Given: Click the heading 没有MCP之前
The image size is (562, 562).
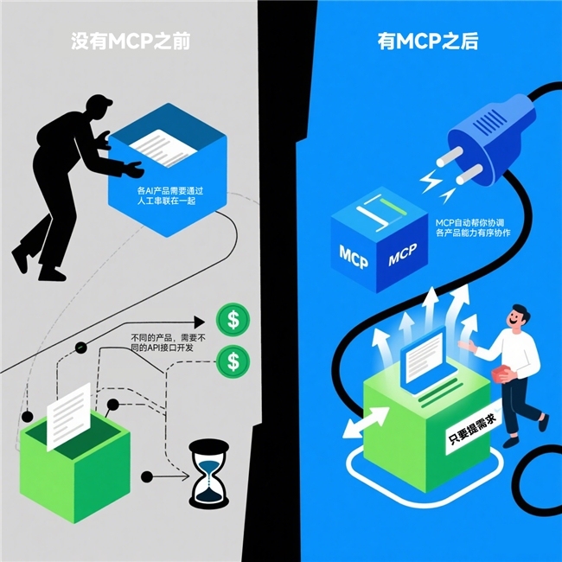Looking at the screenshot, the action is (x=131, y=42).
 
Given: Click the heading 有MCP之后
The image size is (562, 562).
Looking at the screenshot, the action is (x=428, y=42).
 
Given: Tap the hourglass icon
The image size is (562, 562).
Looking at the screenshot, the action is (x=208, y=474).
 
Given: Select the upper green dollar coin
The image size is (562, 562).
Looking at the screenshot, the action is (x=233, y=320).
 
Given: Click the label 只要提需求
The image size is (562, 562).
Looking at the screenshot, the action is (x=472, y=430).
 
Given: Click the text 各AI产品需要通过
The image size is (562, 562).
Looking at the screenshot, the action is (x=170, y=191).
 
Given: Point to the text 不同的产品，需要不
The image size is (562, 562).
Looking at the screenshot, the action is (x=168, y=337).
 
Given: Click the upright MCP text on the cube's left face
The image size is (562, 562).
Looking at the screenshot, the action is (x=354, y=257).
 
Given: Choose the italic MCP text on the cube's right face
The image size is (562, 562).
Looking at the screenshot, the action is (x=403, y=254).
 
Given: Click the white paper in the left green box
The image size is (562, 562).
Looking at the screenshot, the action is (x=69, y=417).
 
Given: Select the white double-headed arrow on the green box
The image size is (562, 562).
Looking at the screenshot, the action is (x=366, y=422).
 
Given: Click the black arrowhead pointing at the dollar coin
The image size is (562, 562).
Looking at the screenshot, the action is (x=199, y=322).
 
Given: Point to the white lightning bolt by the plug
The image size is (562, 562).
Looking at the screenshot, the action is (x=431, y=181).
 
